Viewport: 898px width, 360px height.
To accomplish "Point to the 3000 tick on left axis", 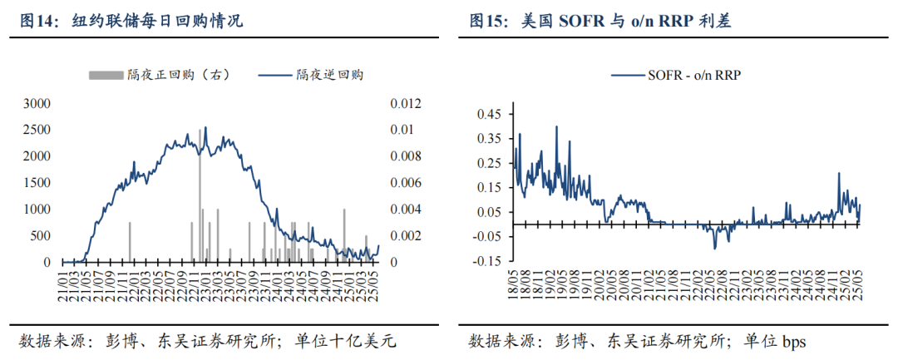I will tap(37, 103).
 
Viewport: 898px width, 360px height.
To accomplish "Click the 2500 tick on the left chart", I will tap(37, 130).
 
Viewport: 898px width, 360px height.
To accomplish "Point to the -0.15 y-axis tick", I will tap(489, 261).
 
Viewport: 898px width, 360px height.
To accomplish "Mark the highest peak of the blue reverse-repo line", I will tap(205, 127).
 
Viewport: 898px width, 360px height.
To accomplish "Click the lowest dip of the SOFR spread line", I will tap(714, 248).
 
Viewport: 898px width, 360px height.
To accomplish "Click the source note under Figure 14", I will tap(208, 341).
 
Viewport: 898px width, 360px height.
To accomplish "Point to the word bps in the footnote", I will tap(792, 341).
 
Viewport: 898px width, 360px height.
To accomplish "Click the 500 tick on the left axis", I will tap(41, 236).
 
